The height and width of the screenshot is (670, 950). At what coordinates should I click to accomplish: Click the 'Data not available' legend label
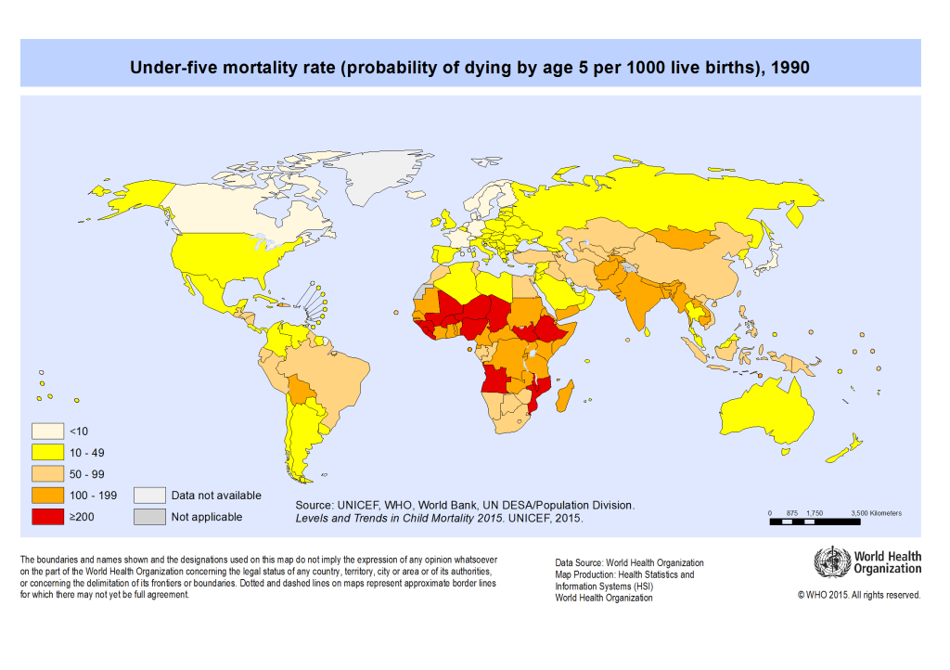coord(216,496)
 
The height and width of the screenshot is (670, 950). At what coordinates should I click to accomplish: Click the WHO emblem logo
coord(831,562)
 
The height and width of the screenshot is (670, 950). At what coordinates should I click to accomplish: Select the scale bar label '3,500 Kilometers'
coord(876,513)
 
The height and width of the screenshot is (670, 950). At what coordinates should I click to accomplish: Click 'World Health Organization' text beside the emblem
coord(888,562)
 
